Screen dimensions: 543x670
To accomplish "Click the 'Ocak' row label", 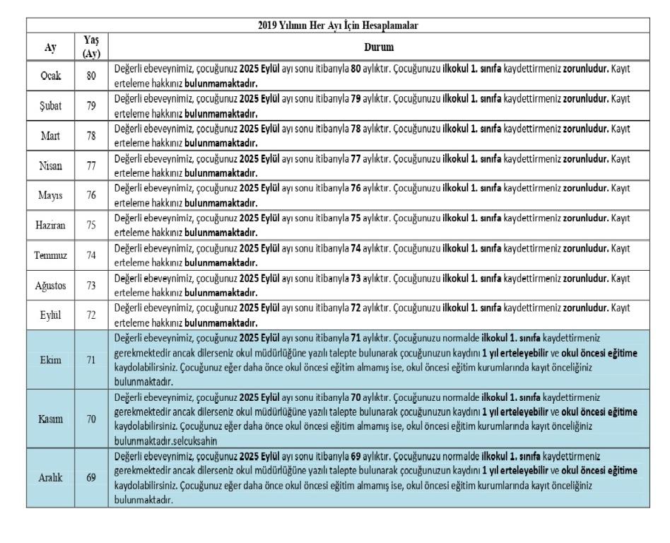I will coord(49,76).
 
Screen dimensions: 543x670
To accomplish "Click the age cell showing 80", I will coord(91,76).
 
